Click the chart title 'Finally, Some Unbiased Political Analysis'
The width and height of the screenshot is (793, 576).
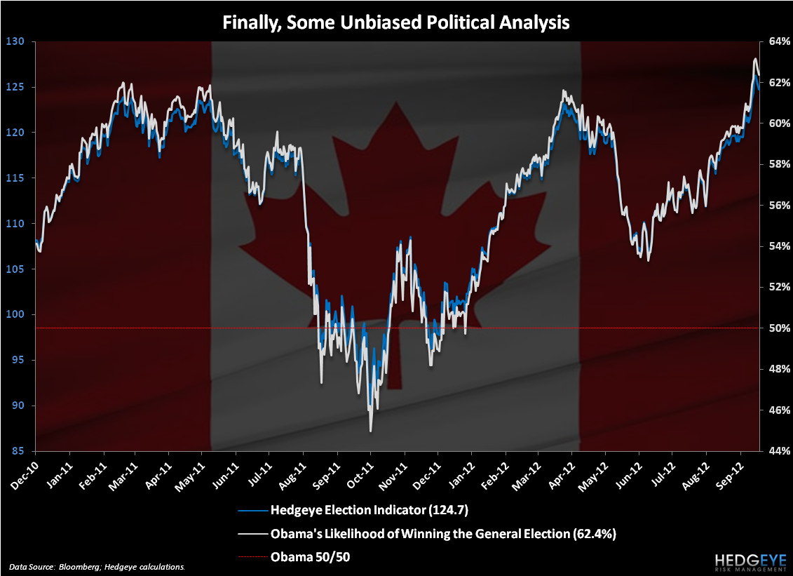[x=396, y=22]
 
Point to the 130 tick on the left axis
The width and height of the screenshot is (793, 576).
[x=15, y=41]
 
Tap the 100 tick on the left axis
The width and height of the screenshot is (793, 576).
[x=15, y=314]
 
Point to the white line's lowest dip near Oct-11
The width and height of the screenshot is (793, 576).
[x=370, y=431]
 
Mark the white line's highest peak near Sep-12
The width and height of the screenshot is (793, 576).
[x=755, y=59]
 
